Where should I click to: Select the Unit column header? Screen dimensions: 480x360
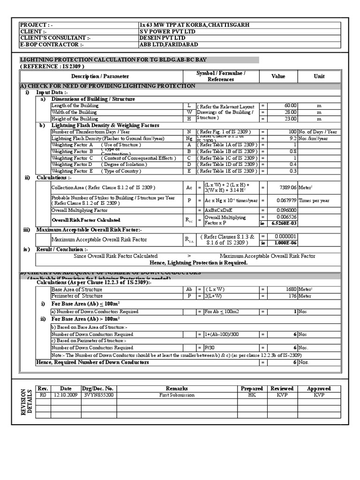coord(319,76)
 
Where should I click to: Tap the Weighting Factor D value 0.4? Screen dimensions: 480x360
coord(293,165)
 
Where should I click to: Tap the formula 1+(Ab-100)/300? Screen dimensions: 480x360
coord(221,334)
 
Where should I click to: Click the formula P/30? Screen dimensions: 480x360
coord(210,348)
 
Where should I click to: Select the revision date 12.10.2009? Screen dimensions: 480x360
coord(66,395)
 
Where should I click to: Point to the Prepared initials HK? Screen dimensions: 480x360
coord(252,395)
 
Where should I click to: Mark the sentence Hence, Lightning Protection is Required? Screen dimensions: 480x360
coord(192,263)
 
